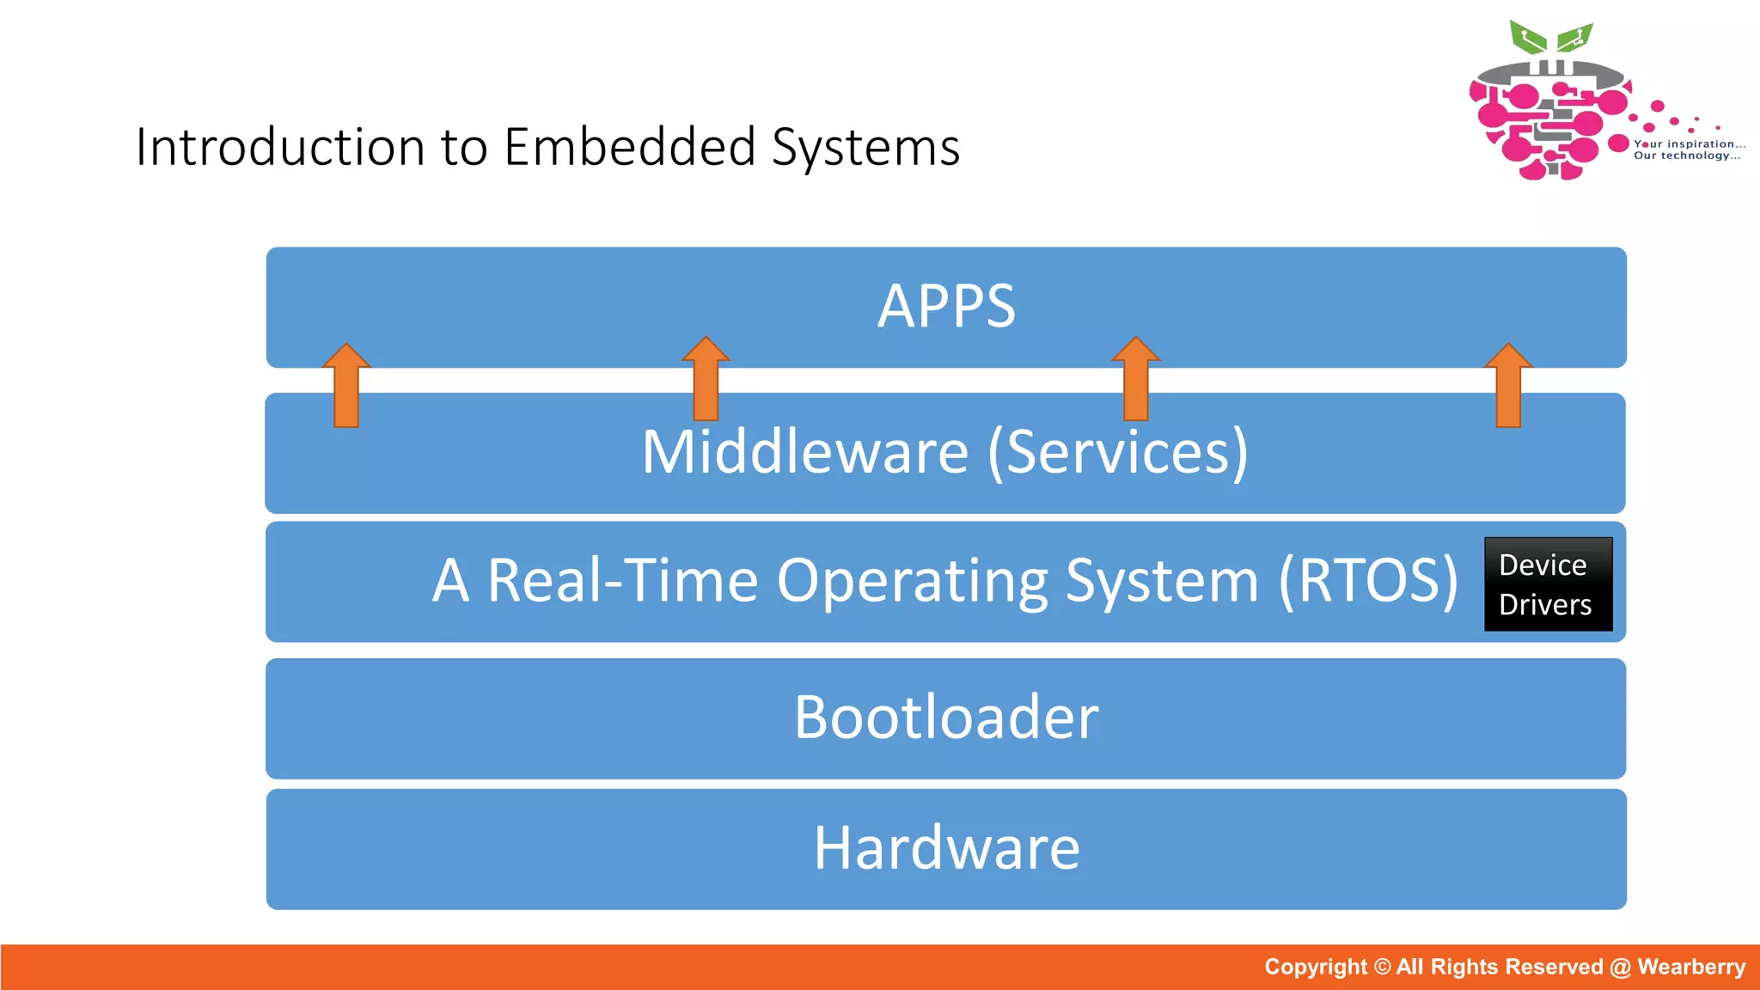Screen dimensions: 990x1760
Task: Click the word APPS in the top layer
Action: (x=946, y=307)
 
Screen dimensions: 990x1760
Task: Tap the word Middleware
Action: (x=804, y=452)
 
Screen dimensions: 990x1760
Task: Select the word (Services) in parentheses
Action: (x=1117, y=452)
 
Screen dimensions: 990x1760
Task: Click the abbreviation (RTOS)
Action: (x=1368, y=581)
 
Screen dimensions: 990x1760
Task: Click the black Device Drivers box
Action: (x=1548, y=584)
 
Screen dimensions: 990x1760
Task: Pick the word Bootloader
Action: (x=946, y=718)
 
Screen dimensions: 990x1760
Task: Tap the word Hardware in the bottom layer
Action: (x=946, y=848)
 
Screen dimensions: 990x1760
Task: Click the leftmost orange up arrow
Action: (x=346, y=386)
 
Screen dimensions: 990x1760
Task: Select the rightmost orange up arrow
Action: (x=1508, y=386)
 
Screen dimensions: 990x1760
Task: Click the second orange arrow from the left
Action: (x=706, y=378)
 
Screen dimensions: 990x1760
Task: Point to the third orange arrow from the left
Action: (x=1135, y=378)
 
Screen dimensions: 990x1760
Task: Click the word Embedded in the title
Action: (x=629, y=147)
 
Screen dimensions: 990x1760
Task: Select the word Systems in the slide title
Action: (x=865, y=147)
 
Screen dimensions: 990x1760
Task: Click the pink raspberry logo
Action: (x=1543, y=120)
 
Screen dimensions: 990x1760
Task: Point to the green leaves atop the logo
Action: (x=1551, y=39)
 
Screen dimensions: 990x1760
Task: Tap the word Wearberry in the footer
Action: (x=1690, y=967)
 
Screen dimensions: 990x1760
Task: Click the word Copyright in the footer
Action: (x=1315, y=967)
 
